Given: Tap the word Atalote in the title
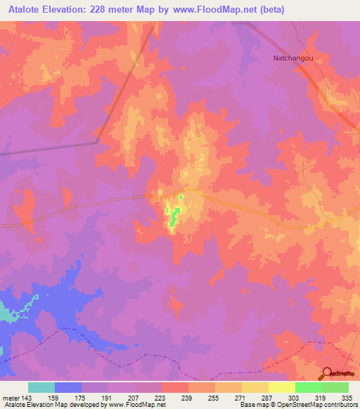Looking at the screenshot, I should pos(23,9).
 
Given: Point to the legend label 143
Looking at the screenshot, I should pos(27,397).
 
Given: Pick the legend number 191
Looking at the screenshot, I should pos(108,397).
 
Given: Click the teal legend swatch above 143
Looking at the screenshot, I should pos(41,387).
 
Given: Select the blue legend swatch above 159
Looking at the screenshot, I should pos(68,387).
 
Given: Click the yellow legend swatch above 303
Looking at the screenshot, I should pos(282,387).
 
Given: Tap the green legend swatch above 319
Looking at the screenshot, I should pos(309,387).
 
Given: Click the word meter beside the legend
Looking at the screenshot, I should pos(10,397).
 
